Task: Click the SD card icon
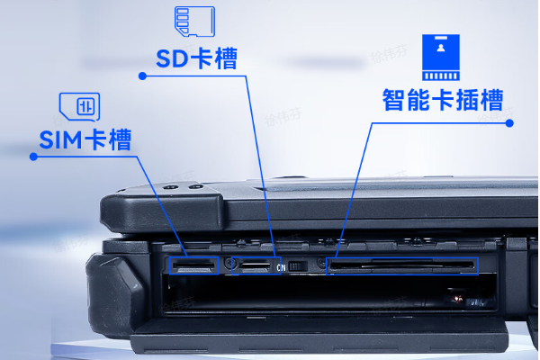pos(195,22)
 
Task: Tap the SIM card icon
pos(79,107)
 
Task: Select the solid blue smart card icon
pos(441,58)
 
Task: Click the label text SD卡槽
pos(196,58)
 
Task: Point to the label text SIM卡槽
pos(85,139)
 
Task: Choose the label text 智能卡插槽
pos(443,100)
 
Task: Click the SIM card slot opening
pos(193,265)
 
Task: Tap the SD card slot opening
pos(256,265)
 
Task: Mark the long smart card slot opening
pos(402,265)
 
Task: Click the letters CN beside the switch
pos(281,267)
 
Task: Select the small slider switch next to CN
pos(298,266)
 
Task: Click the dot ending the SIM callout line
pos(33,157)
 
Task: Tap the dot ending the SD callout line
pos(142,76)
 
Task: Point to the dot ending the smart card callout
pos(509,123)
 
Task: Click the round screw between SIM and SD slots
pos(229,265)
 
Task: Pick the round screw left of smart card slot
pos(321,264)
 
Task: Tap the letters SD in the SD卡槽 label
pos(172,58)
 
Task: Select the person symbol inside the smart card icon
pos(441,48)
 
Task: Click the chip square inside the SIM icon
pos(85,106)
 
